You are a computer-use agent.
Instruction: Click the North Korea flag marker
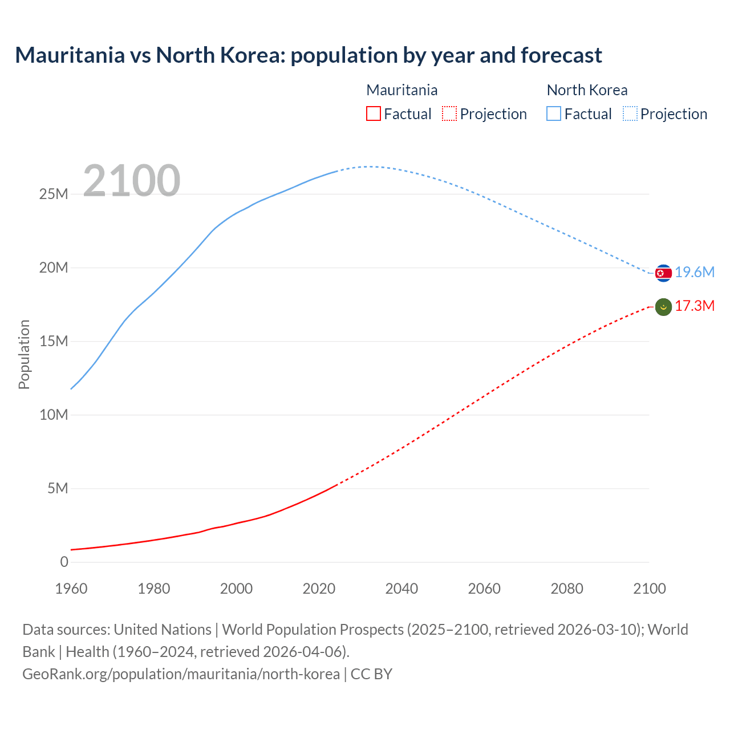click(x=663, y=273)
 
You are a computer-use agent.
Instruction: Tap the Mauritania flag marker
click(x=663, y=307)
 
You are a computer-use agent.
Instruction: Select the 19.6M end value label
click(x=695, y=273)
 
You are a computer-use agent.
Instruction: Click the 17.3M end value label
click(x=695, y=306)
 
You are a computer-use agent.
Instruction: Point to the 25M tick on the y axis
click(x=54, y=194)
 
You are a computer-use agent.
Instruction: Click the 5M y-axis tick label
click(x=58, y=489)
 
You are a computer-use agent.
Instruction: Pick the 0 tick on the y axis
click(x=64, y=562)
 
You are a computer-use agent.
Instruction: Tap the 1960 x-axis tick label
click(x=71, y=589)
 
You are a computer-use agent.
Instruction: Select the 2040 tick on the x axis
click(x=401, y=589)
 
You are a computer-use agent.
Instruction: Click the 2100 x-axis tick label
click(x=649, y=589)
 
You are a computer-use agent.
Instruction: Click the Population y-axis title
click(x=24, y=354)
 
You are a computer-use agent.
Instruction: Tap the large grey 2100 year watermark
click(x=132, y=181)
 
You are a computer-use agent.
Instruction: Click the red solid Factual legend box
click(x=373, y=114)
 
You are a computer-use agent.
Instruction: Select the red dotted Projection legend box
click(x=449, y=114)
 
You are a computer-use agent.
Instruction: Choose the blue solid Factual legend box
click(x=554, y=114)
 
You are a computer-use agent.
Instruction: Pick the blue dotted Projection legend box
click(x=630, y=114)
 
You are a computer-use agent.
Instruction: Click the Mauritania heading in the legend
click(x=401, y=90)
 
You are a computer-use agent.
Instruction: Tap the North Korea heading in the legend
click(x=587, y=90)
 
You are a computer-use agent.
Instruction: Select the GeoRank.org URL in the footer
click(x=181, y=674)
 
